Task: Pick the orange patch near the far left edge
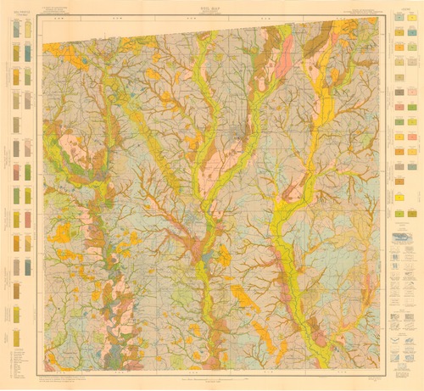tap(61, 232)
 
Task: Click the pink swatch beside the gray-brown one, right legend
tap(410, 136)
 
